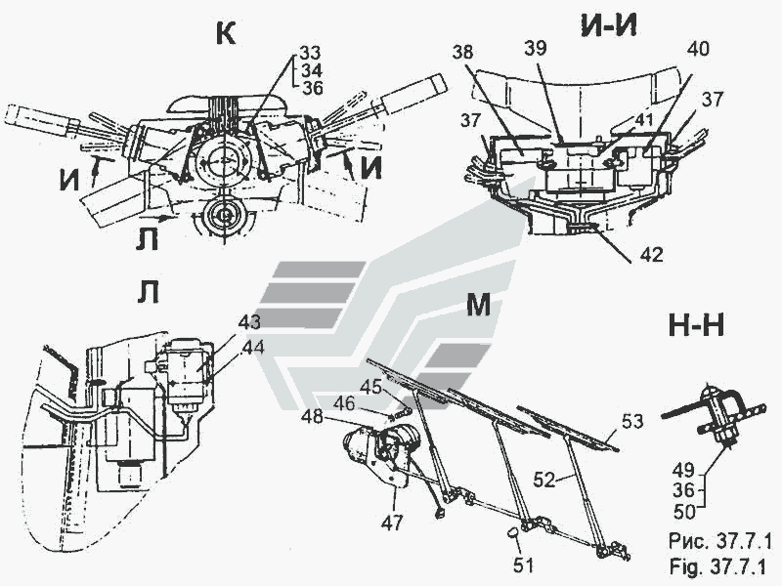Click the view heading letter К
224,33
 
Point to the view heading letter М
477,306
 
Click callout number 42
651,255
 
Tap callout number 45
369,387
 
